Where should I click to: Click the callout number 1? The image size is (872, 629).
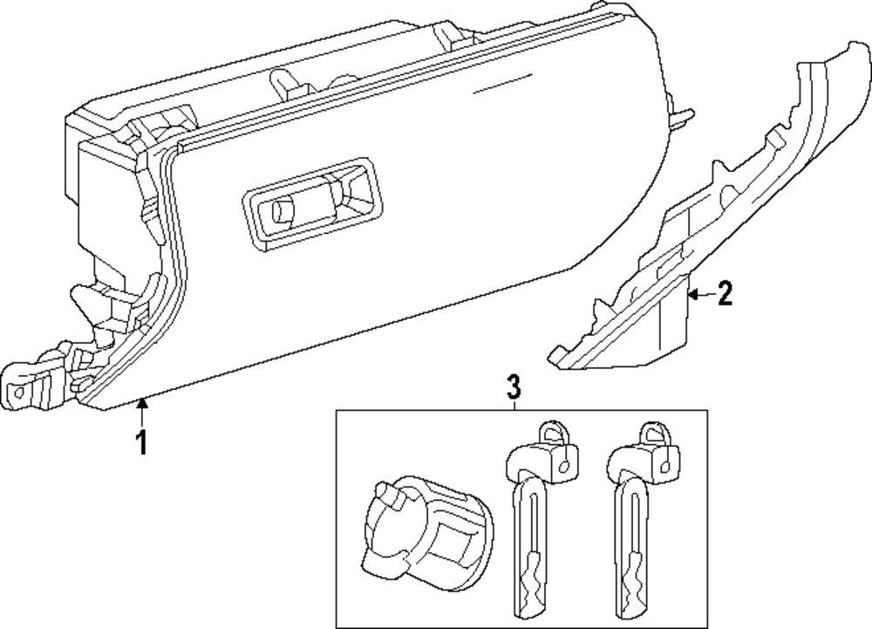coord(140,442)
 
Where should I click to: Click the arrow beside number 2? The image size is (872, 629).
coord(698,295)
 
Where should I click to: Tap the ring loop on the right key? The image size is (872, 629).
coord(651,431)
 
